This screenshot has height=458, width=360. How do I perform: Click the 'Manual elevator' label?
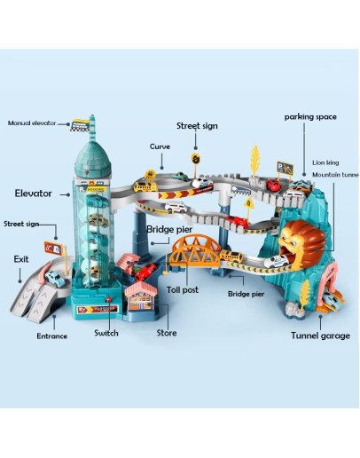coord(32,122)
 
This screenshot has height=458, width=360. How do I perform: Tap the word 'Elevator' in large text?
coord(34,193)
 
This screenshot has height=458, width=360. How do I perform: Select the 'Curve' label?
coord(160,146)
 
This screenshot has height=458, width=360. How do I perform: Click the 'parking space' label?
coord(310,117)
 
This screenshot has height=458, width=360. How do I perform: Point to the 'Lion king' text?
coord(325,162)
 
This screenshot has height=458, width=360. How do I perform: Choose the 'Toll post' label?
coord(183,289)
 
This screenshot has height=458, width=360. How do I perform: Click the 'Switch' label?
coord(106,333)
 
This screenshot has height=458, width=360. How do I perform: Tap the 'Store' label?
coord(167,333)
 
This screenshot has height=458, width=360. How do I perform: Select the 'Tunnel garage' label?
coord(320,336)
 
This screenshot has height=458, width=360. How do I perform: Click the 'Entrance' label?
coord(52,336)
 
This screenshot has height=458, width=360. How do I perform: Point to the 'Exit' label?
coord(21,259)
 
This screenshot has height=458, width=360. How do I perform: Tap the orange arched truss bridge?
coord(196,250)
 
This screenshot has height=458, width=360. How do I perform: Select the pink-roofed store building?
coord(141,296)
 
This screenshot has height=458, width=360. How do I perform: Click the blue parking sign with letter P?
coord(285,168)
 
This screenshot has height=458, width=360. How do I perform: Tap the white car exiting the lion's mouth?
coord(276,261)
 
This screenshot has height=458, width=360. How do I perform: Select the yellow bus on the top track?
coord(145,186)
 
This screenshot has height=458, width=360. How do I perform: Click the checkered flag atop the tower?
coord(80,125)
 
